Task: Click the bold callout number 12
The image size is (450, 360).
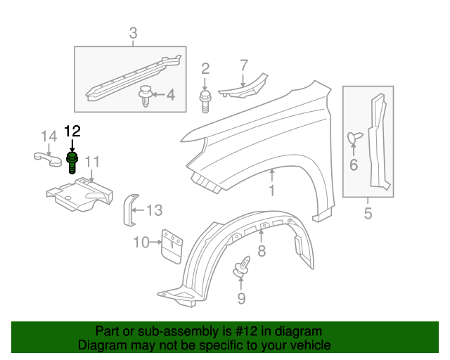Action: (x=72, y=131)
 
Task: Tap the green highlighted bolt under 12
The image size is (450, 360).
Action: (x=72, y=162)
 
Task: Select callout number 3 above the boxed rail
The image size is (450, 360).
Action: (x=133, y=32)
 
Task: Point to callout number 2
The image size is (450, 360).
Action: (x=205, y=68)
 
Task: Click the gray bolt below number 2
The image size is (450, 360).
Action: (x=205, y=101)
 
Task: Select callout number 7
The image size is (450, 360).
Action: (x=243, y=65)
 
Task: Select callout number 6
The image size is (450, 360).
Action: (x=353, y=165)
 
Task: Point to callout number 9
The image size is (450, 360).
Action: (x=241, y=298)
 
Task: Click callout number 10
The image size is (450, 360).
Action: (x=141, y=243)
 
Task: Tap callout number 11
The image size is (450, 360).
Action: (x=92, y=163)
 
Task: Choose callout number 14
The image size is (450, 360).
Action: (x=47, y=136)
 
